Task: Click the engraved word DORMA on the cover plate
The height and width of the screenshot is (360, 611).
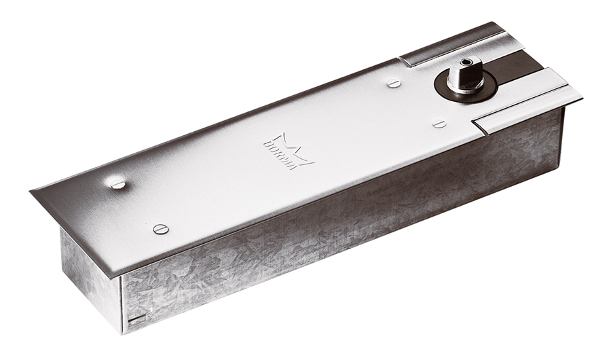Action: pyautogui.click(x=280, y=155)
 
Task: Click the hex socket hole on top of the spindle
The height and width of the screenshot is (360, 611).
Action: pyautogui.click(x=466, y=62)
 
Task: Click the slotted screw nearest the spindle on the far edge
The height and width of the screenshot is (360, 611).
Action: pyautogui.click(x=394, y=83)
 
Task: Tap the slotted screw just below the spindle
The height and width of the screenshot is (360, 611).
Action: pyautogui.click(x=439, y=123)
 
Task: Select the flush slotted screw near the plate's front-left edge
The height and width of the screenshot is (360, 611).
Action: pyautogui.click(x=161, y=229)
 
